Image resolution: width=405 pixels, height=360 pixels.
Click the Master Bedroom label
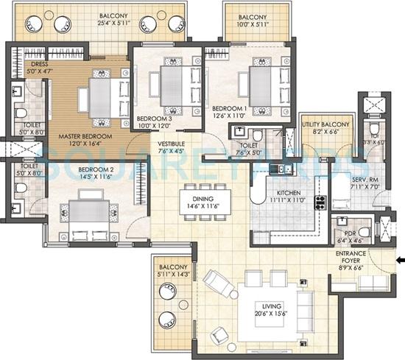[x=85, y=136]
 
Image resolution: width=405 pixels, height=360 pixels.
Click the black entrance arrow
[x=399, y=260]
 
